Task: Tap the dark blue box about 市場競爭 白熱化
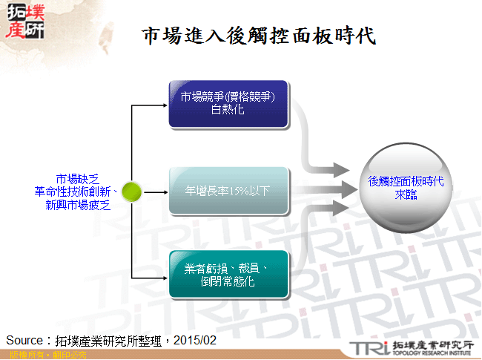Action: point(228,104)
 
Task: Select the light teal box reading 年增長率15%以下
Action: point(228,191)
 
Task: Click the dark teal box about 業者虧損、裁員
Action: point(228,275)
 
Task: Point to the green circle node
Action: point(131,192)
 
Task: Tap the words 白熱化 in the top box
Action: point(228,111)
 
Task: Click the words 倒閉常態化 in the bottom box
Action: point(228,283)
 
